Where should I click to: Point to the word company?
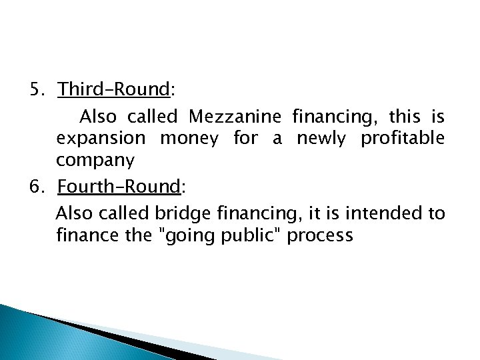95,160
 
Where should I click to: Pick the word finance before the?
85,235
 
